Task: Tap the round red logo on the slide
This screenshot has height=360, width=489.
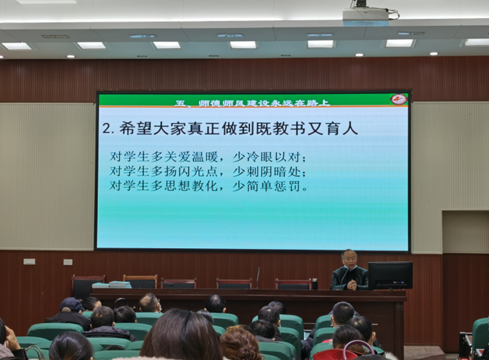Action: point(399,99)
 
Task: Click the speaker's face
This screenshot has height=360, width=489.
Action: point(349,259)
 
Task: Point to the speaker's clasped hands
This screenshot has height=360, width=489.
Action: point(352,284)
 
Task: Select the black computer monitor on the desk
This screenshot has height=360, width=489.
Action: point(390,276)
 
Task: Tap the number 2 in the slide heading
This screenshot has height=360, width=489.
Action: point(107,128)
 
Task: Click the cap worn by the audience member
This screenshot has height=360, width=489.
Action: point(72,304)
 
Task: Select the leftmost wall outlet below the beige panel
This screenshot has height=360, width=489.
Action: point(29,262)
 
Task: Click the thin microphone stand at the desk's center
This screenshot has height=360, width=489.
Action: point(258,277)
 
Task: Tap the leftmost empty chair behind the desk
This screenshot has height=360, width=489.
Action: point(88,285)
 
